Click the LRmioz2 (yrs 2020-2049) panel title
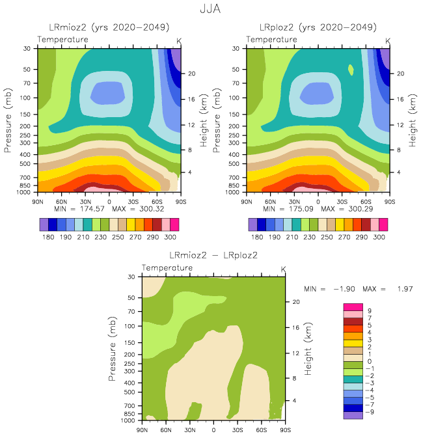click(x=109, y=27)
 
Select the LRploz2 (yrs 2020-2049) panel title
click(x=318, y=27)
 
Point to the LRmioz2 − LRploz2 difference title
click(x=213, y=254)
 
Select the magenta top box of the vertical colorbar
click(x=352, y=307)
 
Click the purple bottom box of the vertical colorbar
click(x=352, y=415)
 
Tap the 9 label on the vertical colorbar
click(x=368, y=310)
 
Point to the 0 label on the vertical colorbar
click(x=368, y=361)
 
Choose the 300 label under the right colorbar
click(x=379, y=238)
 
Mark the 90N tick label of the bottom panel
click(x=143, y=429)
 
